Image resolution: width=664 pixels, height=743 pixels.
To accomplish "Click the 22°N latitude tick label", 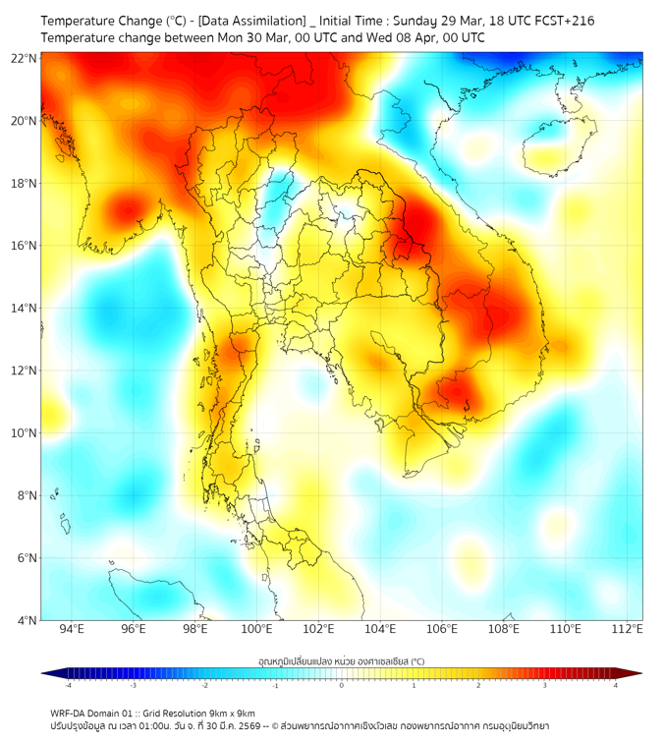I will (x=24, y=58).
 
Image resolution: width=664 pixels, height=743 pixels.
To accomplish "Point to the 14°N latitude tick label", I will (x=24, y=309).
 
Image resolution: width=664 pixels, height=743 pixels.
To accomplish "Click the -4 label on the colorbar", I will (x=68, y=685).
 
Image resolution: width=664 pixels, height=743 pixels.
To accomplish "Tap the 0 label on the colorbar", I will (x=342, y=685).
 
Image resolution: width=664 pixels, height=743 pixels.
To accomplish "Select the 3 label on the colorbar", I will (x=546, y=685).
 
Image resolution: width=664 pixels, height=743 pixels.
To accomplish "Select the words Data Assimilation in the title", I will (x=254, y=21).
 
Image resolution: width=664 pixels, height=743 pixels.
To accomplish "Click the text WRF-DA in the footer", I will (x=68, y=713).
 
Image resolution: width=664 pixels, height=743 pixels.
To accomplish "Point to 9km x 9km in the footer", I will (x=233, y=713).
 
